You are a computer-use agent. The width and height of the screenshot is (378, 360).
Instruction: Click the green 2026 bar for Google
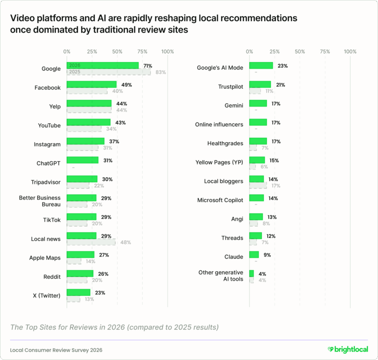(x=102, y=66)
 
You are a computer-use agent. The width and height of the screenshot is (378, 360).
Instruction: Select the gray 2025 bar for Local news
(x=91, y=242)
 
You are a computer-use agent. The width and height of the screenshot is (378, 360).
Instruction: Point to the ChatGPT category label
(x=48, y=163)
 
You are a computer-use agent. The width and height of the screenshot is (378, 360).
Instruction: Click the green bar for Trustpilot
(x=260, y=84)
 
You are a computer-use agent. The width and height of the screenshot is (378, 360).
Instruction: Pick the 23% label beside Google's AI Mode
(x=283, y=66)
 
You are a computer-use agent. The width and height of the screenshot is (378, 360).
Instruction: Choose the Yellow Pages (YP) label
(x=219, y=162)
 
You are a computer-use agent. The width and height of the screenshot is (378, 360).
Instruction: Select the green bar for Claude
(x=254, y=254)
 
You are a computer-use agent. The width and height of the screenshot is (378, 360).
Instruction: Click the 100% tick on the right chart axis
(x=350, y=51)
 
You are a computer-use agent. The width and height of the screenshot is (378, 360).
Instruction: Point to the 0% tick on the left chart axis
(x=67, y=51)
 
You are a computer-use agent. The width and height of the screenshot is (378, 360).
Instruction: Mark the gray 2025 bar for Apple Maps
(x=74, y=261)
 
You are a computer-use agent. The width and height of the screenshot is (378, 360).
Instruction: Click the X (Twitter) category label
(x=47, y=295)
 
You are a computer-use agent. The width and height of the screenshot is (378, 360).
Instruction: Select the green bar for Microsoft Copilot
(x=256, y=198)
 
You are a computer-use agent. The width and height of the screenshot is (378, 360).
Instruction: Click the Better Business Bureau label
(x=40, y=201)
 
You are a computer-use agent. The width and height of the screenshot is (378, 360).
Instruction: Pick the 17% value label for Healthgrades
(x=276, y=141)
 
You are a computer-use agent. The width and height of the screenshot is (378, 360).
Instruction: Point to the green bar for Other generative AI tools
(x=251, y=273)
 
